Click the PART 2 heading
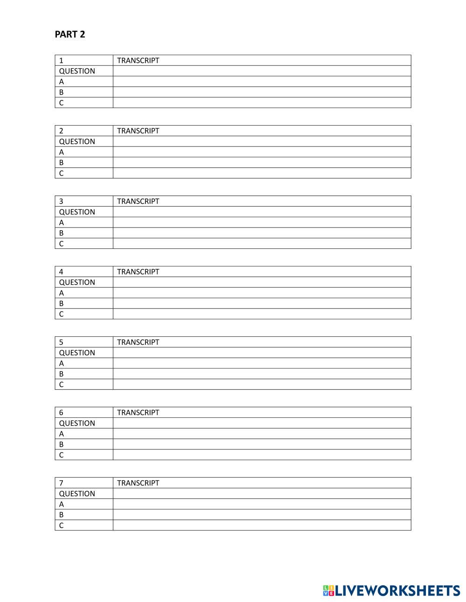70,34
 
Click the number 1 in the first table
61,60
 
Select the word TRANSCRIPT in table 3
138,201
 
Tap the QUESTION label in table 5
77,353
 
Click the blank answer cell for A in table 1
261,81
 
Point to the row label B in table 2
61,163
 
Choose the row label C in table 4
61,314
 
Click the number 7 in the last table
61,483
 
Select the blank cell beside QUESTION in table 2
261,141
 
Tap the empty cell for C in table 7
261,525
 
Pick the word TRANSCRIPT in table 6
138,413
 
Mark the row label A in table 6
61,434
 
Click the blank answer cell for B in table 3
261,233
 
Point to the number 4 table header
61,272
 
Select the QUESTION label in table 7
77,494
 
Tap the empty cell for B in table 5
261,374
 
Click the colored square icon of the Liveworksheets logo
329,591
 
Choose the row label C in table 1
61,103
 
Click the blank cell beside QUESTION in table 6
261,423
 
